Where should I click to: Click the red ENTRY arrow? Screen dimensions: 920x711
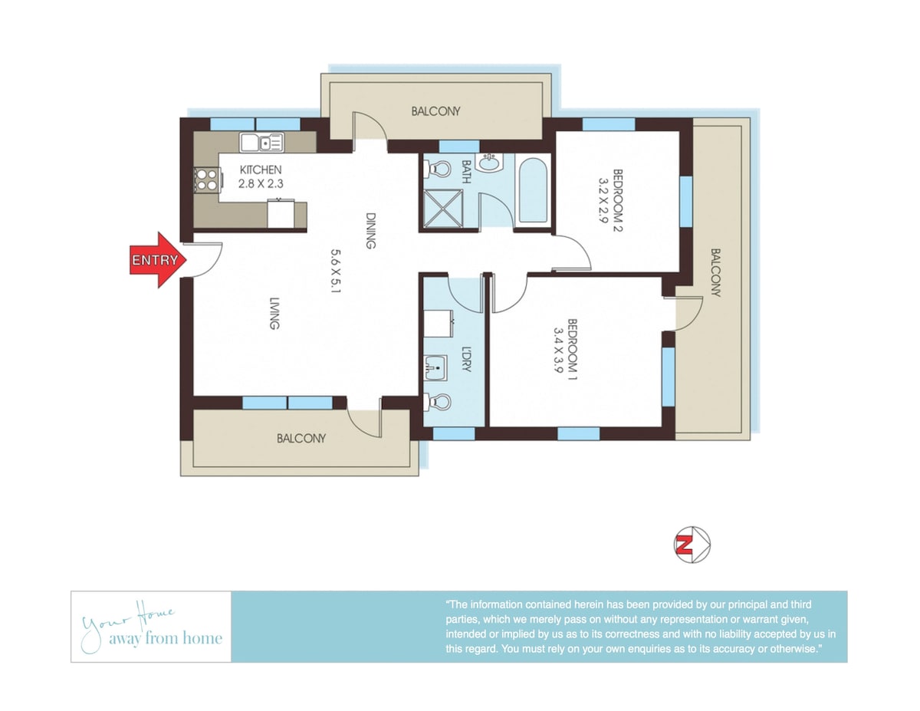coord(157,259)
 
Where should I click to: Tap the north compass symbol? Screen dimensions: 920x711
coord(692,545)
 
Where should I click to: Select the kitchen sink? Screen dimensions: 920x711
coord(261,143)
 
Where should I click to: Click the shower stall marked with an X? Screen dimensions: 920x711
coord(443,209)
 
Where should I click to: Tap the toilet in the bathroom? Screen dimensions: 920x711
coord(437,169)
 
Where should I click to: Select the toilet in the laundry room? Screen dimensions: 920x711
coord(437,401)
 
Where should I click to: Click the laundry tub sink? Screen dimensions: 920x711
coord(436,368)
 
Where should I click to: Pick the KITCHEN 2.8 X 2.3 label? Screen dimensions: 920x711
coord(261,176)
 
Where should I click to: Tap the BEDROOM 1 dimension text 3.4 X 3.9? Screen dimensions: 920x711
coord(558,350)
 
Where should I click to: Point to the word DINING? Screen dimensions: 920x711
coord(370,231)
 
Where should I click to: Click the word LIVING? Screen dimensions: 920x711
coord(275,314)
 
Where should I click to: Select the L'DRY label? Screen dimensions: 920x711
coord(466,359)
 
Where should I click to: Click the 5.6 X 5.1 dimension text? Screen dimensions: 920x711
coord(336,271)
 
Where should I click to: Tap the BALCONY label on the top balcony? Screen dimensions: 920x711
coord(435,111)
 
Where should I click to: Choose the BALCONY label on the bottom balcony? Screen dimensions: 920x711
coord(301,438)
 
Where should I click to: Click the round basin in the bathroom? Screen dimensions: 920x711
coord(489,162)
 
